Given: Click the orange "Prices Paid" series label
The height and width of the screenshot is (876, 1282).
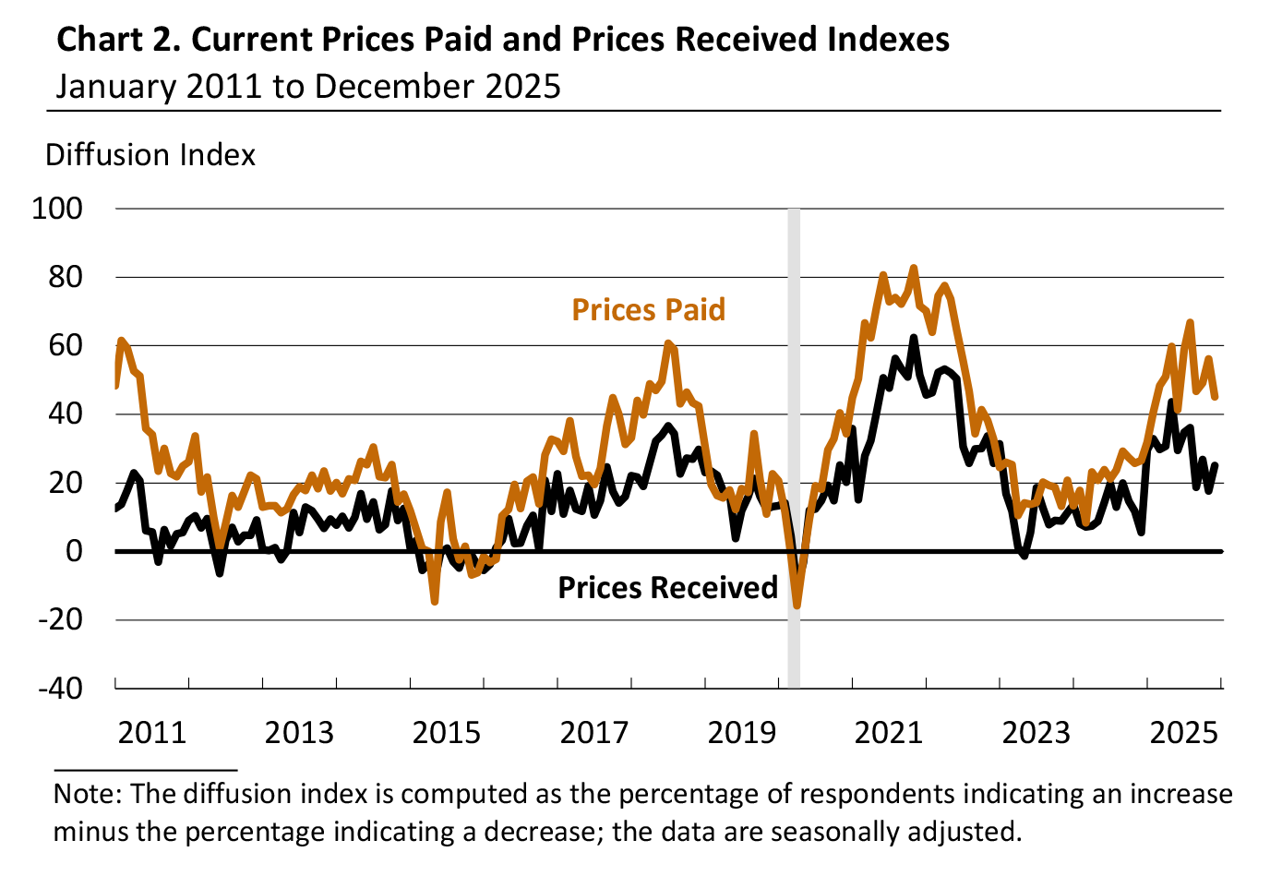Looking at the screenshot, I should tap(648, 310).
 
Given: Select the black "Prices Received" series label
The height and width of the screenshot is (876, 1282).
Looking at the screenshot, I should tap(667, 588).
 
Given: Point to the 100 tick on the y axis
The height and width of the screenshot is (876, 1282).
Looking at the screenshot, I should tap(57, 209).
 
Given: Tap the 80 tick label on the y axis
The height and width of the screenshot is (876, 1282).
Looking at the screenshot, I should tap(64, 277).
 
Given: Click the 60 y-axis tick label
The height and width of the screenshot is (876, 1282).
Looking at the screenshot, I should tap(64, 345).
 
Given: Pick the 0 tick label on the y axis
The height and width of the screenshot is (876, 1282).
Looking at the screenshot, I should tap(73, 551).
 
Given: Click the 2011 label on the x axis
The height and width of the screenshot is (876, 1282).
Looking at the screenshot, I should tap(152, 733).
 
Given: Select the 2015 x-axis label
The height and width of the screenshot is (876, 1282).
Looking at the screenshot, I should tap(447, 733).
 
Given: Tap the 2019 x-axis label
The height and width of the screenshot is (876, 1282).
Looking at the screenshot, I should tap(741, 733).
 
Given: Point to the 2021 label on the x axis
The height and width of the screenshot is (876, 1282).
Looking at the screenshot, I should tap(889, 733).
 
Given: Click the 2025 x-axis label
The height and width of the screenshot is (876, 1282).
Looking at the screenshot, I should tap(1183, 733).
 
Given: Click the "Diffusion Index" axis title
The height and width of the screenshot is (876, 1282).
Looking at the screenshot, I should tap(150, 155).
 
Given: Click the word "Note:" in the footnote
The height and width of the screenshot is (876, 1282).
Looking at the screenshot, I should tap(89, 795).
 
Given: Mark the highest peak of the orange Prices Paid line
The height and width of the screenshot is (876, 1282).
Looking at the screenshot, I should tap(914, 269).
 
